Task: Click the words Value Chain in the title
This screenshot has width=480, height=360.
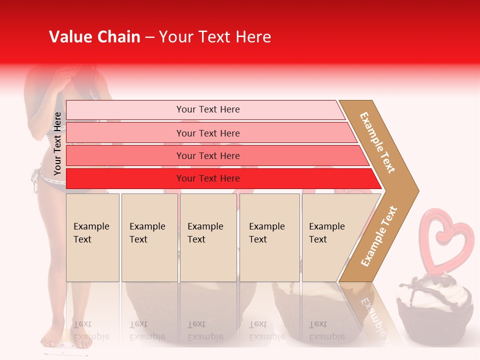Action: tap(94, 37)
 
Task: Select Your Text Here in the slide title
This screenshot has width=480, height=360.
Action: tap(215, 37)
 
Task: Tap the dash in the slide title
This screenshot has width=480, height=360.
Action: tap(149, 37)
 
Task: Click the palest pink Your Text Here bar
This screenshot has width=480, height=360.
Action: tap(207, 109)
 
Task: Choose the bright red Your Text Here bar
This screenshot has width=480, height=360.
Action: tap(207, 178)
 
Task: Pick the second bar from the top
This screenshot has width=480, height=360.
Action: tap(207, 133)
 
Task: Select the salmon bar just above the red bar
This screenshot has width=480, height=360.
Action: tap(207, 155)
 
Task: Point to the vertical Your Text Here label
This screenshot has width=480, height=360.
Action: tap(57, 143)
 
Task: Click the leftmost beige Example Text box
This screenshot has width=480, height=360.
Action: tap(92, 237)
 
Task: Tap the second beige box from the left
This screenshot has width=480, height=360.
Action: tap(149, 237)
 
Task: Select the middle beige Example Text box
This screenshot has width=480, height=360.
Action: tap(208, 237)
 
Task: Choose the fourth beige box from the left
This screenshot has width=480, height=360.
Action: tap(269, 237)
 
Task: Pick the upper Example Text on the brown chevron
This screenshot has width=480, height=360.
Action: tap(377, 142)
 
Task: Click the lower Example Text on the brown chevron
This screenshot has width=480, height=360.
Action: tap(379, 236)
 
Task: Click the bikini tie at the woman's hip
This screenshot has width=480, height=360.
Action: tap(35, 180)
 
